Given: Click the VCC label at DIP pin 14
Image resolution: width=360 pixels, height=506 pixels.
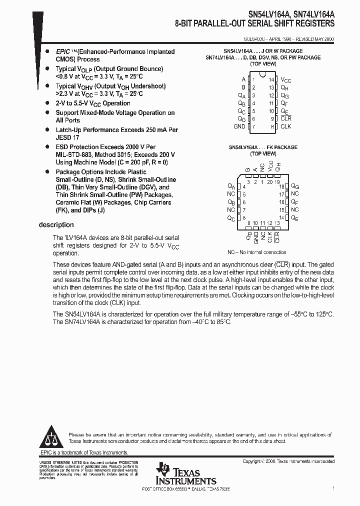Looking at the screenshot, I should click(285, 80).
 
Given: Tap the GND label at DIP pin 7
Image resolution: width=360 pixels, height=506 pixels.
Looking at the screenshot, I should click(239, 126).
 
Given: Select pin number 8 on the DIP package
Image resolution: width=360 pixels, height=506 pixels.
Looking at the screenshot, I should click(272, 126).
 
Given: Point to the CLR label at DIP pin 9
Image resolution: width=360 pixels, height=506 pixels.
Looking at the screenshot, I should click(285, 118).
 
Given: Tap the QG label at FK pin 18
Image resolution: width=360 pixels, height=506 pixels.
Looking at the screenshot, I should click(295, 186).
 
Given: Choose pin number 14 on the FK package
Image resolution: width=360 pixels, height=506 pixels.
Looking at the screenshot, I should click(281, 218).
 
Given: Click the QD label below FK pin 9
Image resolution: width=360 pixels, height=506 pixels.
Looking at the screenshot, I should click(248, 235).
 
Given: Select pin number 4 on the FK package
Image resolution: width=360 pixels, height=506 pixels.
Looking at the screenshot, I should click(244, 186).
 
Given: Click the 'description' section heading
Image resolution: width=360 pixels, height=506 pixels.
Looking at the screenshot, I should click(56, 225).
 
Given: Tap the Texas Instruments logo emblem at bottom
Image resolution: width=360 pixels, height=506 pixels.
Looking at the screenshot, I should click(163, 470).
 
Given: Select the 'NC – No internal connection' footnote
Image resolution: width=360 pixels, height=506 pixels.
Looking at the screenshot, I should click(257, 252).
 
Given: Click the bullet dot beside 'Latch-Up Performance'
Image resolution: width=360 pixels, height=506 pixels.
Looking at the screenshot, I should click(47, 129).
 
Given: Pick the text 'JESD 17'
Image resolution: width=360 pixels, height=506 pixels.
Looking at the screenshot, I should click(67, 136).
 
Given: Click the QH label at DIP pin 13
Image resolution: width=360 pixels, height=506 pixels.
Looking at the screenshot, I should click(285, 87).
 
